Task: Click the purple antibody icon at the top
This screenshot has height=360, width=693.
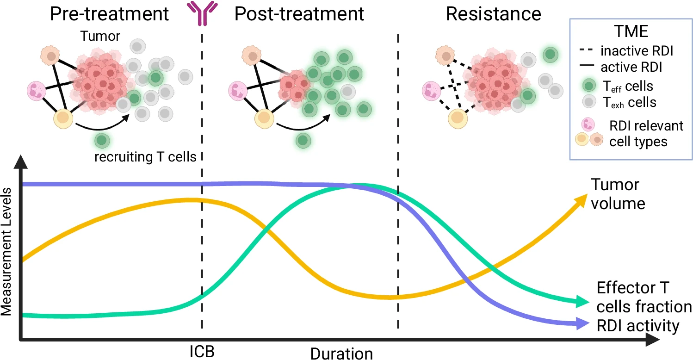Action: pyautogui.click(x=202, y=13)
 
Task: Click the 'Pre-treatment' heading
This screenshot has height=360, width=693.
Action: pyautogui.click(x=109, y=14)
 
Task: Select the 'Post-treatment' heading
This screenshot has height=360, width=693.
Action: pyautogui.click(x=299, y=14)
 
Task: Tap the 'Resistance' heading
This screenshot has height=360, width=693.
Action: pyautogui.click(x=494, y=14)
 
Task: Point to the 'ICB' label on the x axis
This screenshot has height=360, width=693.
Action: pyautogui.click(x=202, y=352)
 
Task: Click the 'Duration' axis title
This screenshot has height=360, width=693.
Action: pyautogui.click(x=341, y=354)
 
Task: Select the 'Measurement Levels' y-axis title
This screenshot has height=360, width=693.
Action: pyautogui.click(x=6, y=251)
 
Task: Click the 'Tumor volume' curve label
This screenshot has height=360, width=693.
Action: pyautogui.click(x=618, y=194)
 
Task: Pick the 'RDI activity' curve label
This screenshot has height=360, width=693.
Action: pyautogui.click(x=638, y=326)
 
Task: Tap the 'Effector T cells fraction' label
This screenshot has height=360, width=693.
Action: pyautogui.click(x=644, y=297)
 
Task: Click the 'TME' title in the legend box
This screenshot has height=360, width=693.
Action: pyautogui.click(x=631, y=31)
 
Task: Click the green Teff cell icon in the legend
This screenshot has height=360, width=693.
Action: pyautogui.click(x=589, y=86)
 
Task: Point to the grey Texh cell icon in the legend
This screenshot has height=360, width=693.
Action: pyautogui.click(x=589, y=101)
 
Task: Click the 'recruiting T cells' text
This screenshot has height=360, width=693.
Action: pyautogui.click(x=145, y=156)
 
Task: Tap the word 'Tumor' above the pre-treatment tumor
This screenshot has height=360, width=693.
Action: pyautogui.click(x=100, y=36)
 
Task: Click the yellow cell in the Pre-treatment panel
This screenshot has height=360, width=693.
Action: pyautogui.click(x=63, y=119)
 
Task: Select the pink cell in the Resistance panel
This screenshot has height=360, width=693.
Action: pyautogui.click(x=431, y=91)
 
